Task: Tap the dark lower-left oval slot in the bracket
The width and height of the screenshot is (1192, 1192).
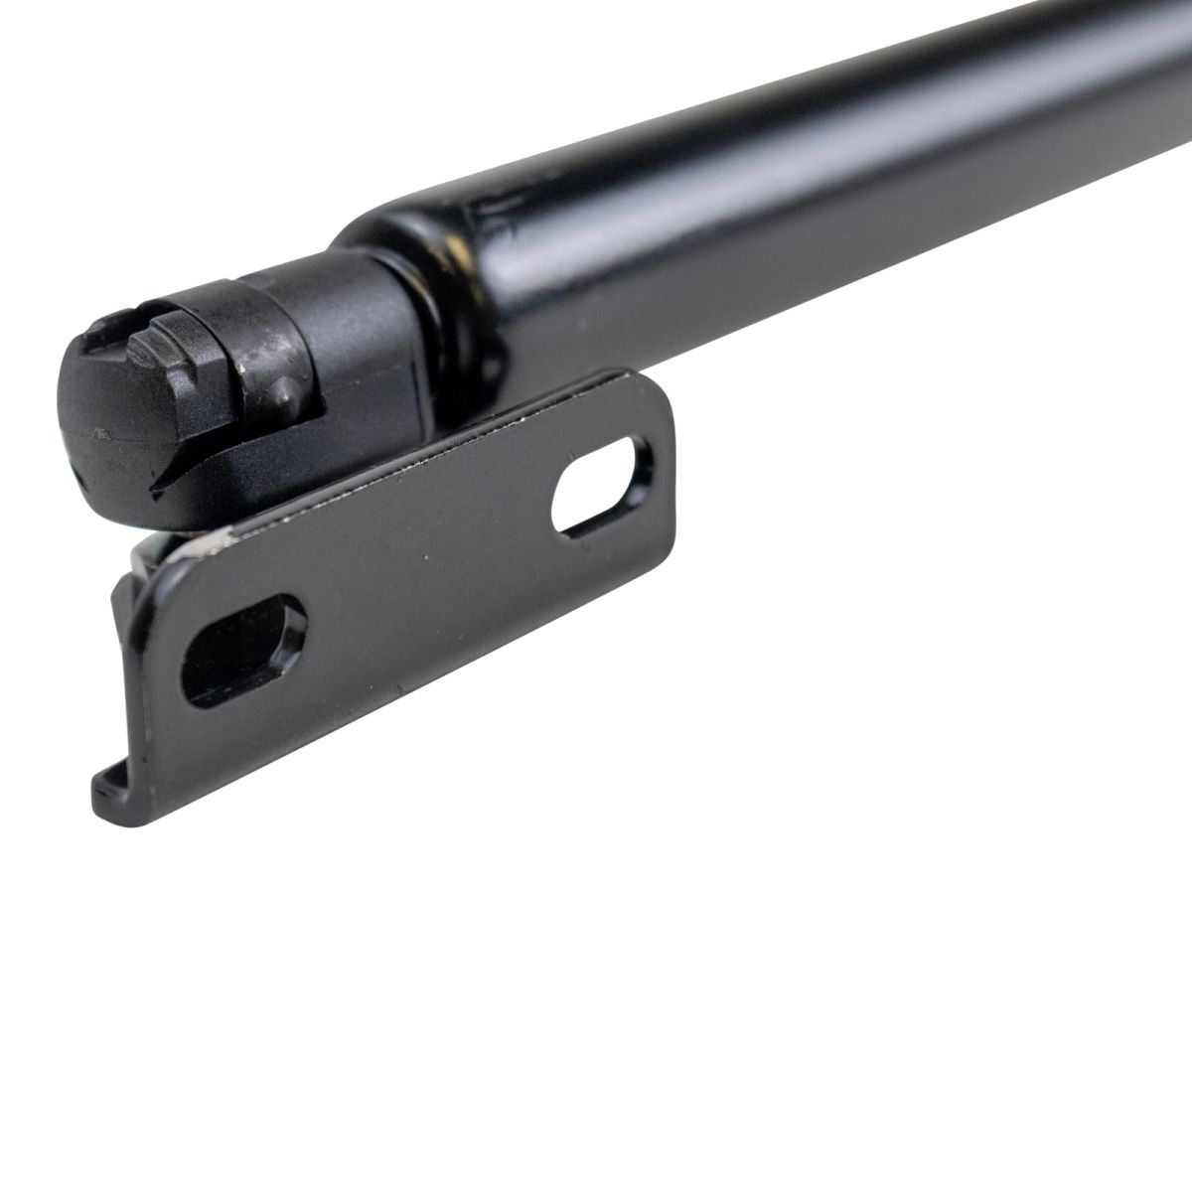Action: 238,652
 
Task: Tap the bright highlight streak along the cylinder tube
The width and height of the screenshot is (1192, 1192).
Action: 795,129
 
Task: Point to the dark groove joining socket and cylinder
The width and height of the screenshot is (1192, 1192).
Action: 437,328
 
